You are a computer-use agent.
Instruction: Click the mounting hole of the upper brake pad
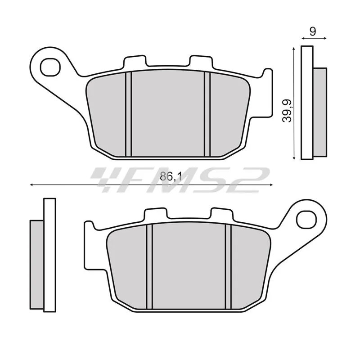[x=49, y=67]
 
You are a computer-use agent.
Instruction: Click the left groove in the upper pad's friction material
[x=128, y=115]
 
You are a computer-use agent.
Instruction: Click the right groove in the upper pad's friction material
[x=207, y=115]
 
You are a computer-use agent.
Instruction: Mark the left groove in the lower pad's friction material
[x=150, y=266]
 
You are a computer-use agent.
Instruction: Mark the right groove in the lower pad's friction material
[x=228, y=266]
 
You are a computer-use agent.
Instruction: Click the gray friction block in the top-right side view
[x=319, y=110]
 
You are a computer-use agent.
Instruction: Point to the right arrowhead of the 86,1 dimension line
[x=270, y=184]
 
